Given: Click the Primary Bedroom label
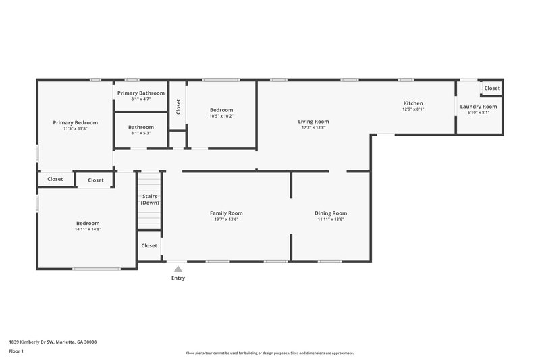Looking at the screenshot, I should [x=76, y=122].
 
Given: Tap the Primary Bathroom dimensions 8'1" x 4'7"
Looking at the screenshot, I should [x=140, y=99].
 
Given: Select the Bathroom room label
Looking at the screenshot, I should [x=141, y=127].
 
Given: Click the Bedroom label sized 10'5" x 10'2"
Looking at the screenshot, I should [x=221, y=110].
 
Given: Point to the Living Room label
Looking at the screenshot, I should [x=313, y=122].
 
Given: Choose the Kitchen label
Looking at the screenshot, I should [x=412, y=103].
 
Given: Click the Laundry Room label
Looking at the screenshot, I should [x=479, y=107].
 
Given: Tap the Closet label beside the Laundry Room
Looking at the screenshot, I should [x=492, y=88].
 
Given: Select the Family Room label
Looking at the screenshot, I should [x=226, y=213].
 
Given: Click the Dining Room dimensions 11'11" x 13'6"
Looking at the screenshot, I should [x=331, y=220].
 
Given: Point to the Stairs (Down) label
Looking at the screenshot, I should [x=150, y=199].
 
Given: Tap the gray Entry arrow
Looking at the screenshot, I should [x=178, y=268].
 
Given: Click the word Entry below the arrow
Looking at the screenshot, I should [x=178, y=278].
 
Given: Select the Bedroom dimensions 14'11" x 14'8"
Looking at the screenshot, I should [x=88, y=230].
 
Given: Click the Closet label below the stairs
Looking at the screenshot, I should [x=149, y=246].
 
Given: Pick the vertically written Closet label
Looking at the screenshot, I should [x=178, y=106].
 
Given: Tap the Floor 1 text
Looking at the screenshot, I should [x=17, y=351].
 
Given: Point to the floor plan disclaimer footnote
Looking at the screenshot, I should [x=269, y=353].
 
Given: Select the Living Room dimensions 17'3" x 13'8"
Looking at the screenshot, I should [x=313, y=128].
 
